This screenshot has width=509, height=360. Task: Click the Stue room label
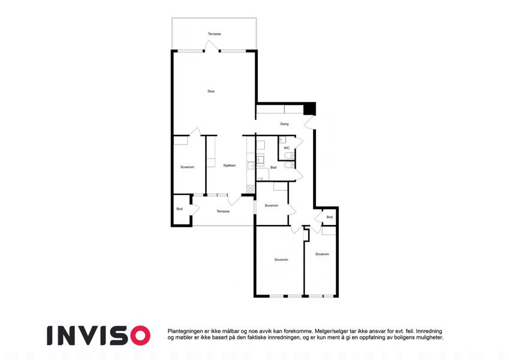coord(211,91)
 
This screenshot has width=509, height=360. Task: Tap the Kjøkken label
coord(230,166)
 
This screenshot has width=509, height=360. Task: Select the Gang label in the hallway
coord(284,124)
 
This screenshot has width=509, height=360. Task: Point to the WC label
coord(287,148)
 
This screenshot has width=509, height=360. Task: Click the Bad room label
coord(273,167)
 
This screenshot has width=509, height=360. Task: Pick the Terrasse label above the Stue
coord(215,34)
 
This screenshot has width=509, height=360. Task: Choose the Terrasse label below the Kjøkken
coord(223,211)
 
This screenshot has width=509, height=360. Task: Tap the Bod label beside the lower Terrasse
coord(179,209)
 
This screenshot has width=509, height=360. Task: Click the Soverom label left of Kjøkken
coord(187,167)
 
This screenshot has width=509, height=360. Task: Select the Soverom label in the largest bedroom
coord(281,260)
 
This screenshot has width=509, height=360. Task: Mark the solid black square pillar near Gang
coord(309,109)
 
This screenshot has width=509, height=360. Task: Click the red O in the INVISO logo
coord(140,335)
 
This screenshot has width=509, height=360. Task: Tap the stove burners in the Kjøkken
coord(250,189)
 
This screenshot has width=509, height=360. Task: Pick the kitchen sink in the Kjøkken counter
coord(251,166)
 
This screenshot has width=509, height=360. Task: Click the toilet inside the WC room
coord(289,156)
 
